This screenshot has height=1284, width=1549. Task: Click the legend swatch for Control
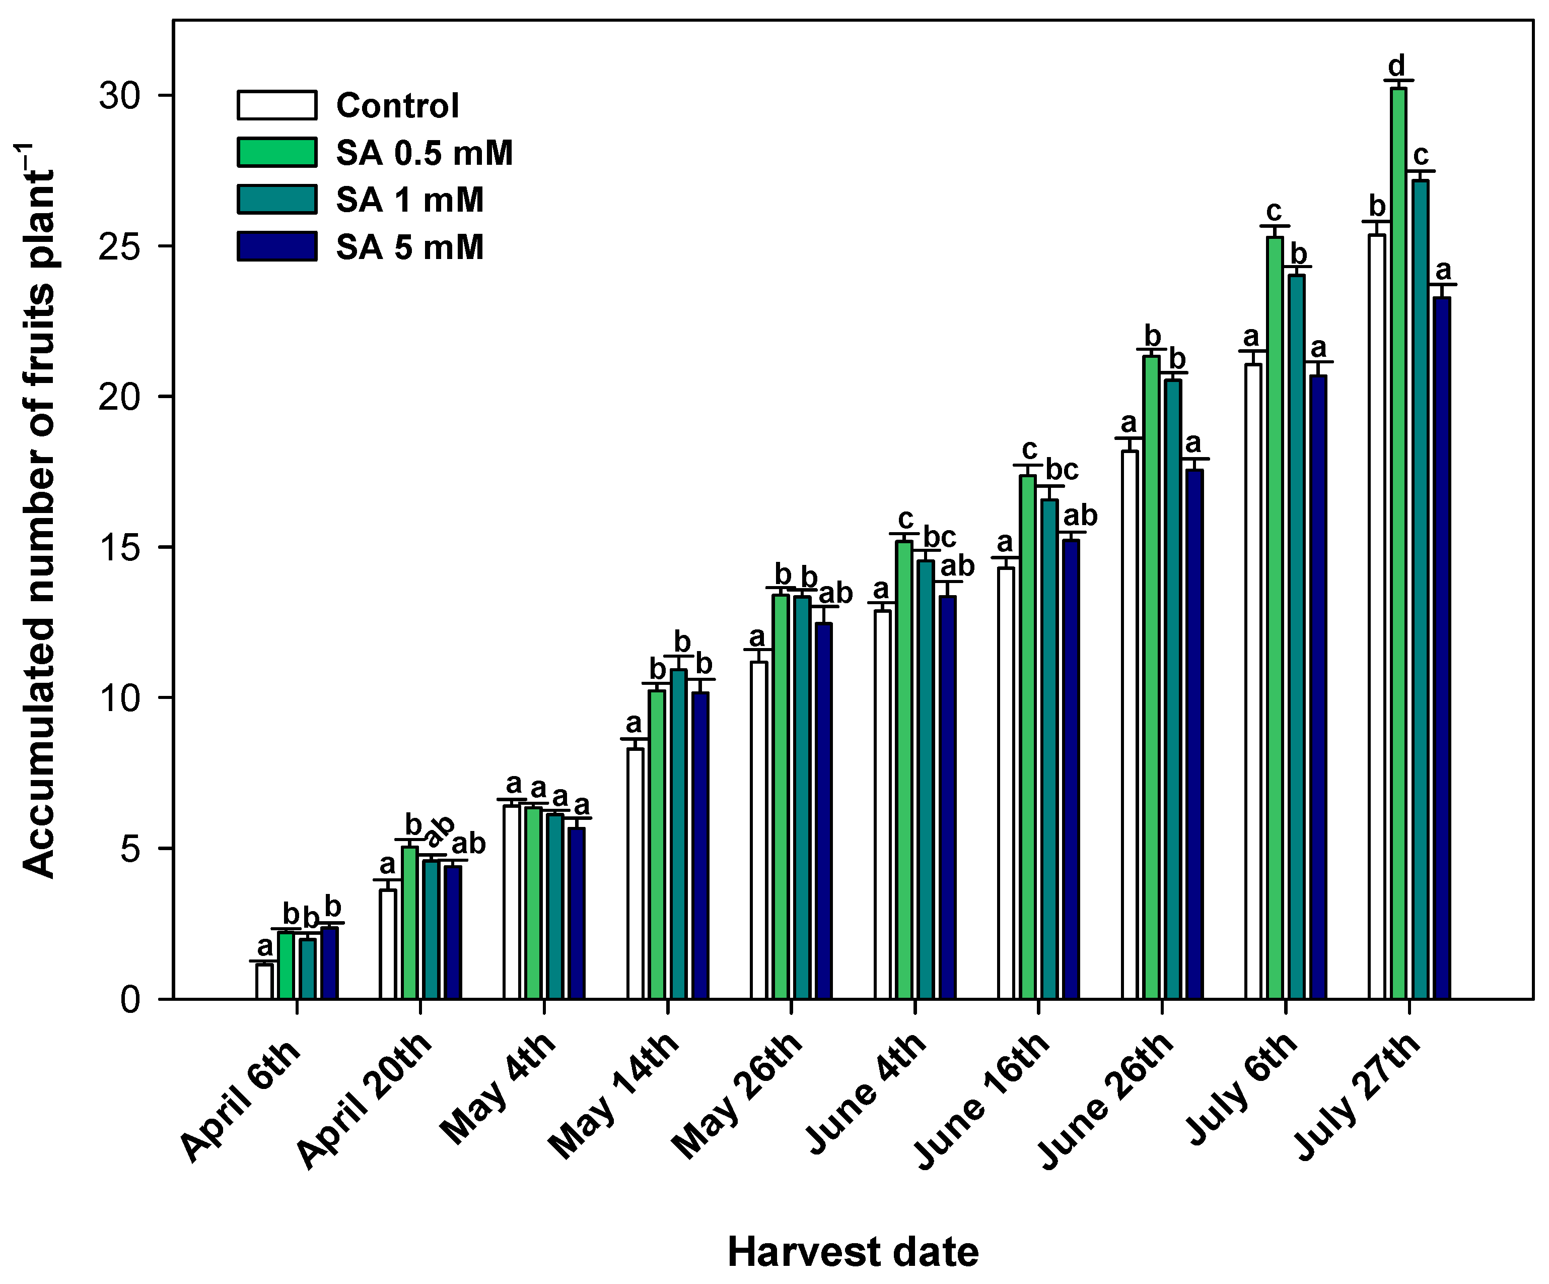(x=276, y=105)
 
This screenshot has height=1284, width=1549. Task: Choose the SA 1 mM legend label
(x=410, y=200)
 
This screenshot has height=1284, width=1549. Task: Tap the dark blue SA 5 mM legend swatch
(x=276, y=246)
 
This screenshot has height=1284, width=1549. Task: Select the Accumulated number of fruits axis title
(x=38, y=509)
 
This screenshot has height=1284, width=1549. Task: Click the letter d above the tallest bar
(x=1397, y=66)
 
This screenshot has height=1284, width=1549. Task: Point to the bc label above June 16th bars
(x=1062, y=469)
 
